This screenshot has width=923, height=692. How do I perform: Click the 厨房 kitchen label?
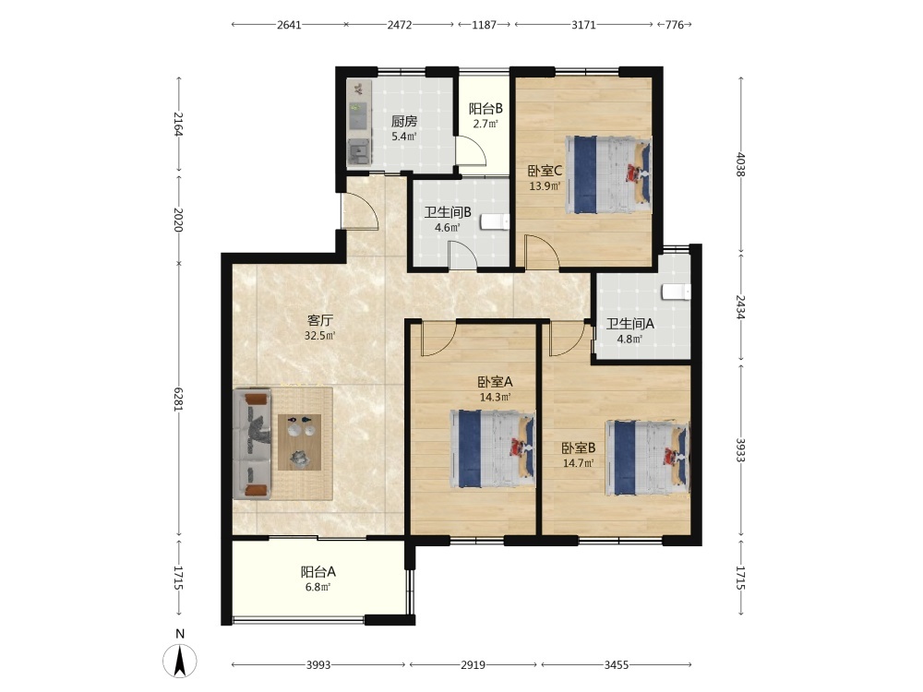[x=404, y=121]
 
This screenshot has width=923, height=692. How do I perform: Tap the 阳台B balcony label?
[x=485, y=109]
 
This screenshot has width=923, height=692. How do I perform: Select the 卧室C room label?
[x=545, y=171]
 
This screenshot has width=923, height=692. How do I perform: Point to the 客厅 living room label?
[x=320, y=320]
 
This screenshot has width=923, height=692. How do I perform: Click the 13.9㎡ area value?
[x=545, y=186]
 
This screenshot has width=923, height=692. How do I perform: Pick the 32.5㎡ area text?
[x=320, y=336]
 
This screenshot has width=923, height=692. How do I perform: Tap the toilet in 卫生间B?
[x=495, y=222]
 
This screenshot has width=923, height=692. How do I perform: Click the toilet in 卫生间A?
[x=676, y=292]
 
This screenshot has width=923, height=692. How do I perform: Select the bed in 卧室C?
[x=608, y=174]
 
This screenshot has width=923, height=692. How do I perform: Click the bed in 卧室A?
[x=493, y=449]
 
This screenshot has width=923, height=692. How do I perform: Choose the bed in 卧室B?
[x=648, y=459]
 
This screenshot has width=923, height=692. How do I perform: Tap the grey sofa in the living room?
[x=253, y=444]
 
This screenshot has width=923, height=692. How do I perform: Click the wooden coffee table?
[x=300, y=442]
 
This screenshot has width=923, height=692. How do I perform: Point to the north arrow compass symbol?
[x=180, y=661]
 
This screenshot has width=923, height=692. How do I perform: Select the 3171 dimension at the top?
[x=584, y=25]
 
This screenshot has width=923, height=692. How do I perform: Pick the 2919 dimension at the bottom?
[x=473, y=665]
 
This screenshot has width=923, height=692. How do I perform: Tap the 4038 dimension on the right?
[x=740, y=166]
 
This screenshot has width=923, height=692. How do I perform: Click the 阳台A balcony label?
[x=318, y=571]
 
